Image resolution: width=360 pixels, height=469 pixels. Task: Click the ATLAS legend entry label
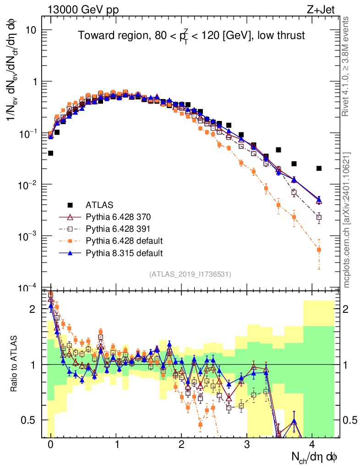[x=99, y=204]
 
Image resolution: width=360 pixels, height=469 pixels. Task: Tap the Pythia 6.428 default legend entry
[x=124, y=240]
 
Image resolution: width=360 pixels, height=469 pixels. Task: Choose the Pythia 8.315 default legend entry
[x=124, y=253]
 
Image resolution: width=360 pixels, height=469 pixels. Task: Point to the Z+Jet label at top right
[x=327, y=9]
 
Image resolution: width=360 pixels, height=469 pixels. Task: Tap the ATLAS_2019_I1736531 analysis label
[x=190, y=274]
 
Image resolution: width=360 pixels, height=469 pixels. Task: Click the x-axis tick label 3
[x=247, y=444]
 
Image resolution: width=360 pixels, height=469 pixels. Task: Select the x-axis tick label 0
[x=50, y=444]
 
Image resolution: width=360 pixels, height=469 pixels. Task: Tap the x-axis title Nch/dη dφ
[x=315, y=457]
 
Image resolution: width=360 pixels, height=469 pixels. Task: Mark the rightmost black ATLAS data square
[x=319, y=169]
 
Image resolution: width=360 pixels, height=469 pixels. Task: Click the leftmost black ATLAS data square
[x=50, y=153]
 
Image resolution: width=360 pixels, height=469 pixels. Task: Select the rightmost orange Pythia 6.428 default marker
[x=319, y=250]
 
